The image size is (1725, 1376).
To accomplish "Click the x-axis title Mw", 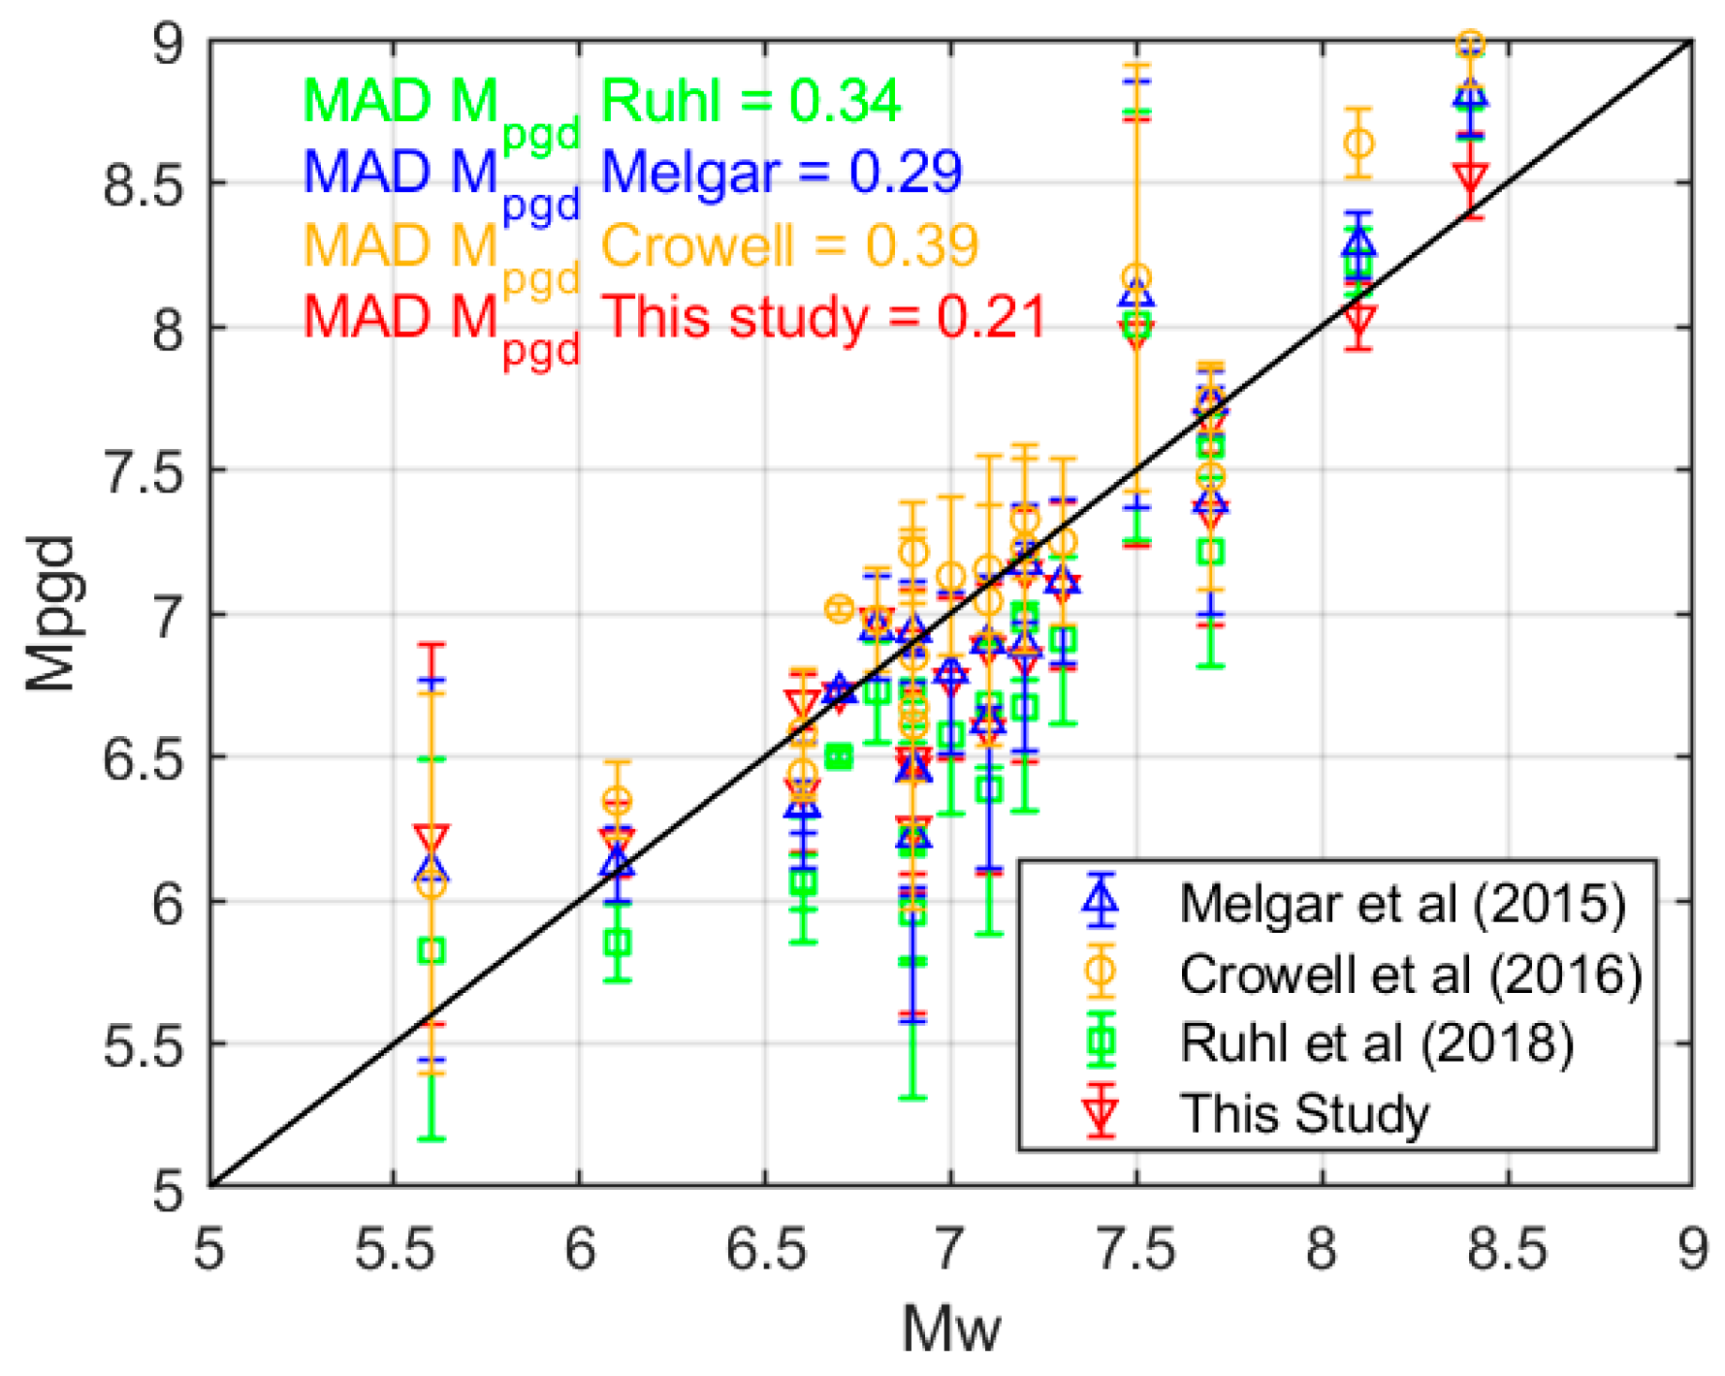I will [949, 1328].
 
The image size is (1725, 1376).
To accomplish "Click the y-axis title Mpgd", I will [50, 613].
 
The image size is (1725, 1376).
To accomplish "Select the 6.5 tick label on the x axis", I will [765, 1249].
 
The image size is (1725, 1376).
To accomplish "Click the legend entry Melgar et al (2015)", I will [1401, 903].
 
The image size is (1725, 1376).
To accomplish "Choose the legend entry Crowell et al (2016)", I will [1410, 973].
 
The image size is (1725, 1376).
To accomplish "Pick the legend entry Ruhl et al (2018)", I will [1375, 1042].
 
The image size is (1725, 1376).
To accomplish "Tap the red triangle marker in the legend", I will [1101, 1112].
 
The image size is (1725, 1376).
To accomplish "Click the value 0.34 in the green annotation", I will [845, 100].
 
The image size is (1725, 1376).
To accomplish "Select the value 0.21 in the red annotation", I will [991, 317].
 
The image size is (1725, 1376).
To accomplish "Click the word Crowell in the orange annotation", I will [697, 244].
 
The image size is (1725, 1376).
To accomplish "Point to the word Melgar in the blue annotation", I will [689, 173].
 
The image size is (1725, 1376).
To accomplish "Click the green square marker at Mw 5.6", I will [431, 950].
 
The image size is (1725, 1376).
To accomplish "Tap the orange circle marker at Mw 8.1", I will [1359, 144].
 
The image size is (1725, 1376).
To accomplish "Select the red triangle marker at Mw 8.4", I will [1471, 178].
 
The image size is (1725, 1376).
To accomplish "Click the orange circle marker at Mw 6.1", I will [618, 801].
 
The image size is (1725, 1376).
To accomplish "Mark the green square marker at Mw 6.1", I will [618, 942].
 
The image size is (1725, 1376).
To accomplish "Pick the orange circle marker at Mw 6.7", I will [839, 609].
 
